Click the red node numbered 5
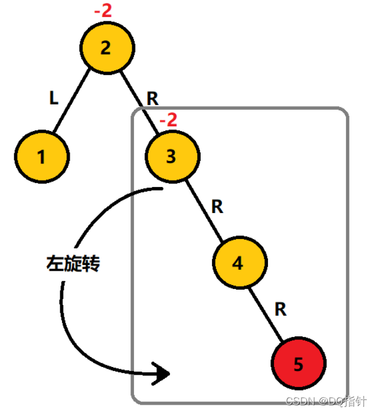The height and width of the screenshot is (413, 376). tap(299, 364)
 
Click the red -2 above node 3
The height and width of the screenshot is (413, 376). tap(168, 120)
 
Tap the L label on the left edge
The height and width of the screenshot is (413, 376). tap(54, 99)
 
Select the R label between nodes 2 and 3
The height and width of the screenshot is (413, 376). tap(152, 99)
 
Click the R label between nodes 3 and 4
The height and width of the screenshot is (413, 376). tap(217, 206)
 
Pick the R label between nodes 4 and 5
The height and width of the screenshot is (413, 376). tap(281, 309)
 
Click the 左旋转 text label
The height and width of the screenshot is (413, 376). tap(73, 263)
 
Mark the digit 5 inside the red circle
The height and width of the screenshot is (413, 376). tap(299, 365)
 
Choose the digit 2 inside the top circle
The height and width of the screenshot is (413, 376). tap(106, 48)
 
